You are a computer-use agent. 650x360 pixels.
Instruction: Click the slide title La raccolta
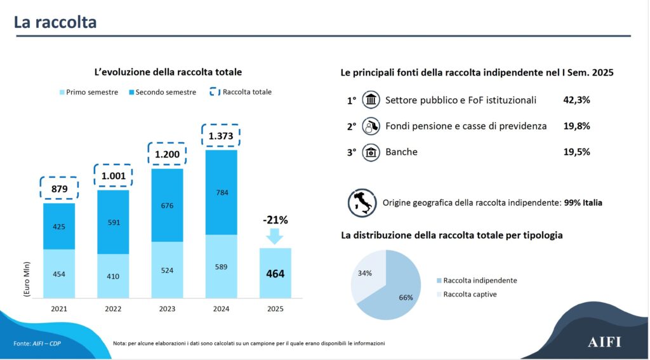55,22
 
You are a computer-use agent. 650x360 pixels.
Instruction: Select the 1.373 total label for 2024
221,136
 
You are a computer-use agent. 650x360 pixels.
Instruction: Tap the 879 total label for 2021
59,189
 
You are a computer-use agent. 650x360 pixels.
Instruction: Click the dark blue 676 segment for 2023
167,205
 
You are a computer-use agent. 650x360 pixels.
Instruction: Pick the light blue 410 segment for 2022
113,276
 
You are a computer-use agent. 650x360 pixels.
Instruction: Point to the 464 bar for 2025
275,274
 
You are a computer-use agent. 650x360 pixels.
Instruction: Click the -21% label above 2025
275,220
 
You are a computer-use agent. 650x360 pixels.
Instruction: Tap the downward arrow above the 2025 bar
275,236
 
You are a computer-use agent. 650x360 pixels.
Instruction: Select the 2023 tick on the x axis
167,309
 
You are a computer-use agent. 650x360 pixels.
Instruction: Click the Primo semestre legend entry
89,92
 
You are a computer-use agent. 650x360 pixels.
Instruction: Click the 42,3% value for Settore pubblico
576,100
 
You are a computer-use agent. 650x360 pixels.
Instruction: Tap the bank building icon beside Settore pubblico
371,100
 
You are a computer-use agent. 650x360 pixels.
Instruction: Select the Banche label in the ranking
401,152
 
